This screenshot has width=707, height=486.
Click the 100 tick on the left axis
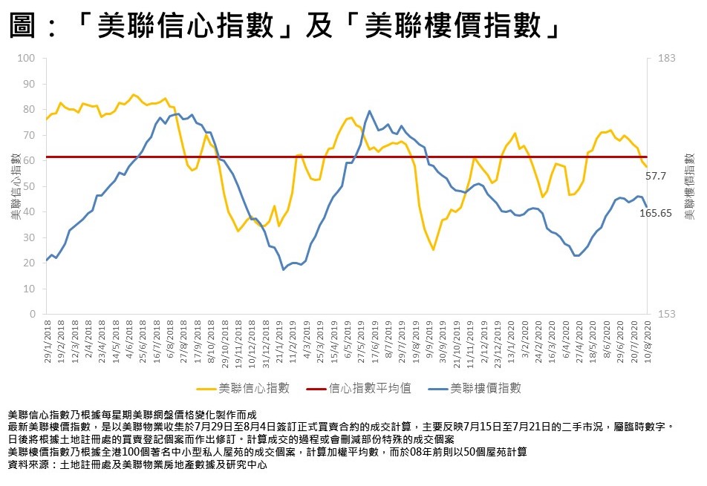pyautogui.click(x=27, y=58)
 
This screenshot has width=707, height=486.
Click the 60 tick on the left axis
pyautogui.click(x=30, y=160)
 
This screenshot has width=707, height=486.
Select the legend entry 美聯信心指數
pyautogui.click(x=254, y=388)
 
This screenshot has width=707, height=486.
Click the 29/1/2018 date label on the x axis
pyautogui.click(x=45, y=341)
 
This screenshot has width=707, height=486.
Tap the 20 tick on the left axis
pyautogui.click(x=30, y=263)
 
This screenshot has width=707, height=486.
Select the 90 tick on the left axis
pyautogui.click(x=30, y=84)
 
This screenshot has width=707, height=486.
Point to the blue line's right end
pyautogui.click(x=646, y=207)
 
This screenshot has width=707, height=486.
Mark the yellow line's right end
pyautogui.click(x=646, y=166)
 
